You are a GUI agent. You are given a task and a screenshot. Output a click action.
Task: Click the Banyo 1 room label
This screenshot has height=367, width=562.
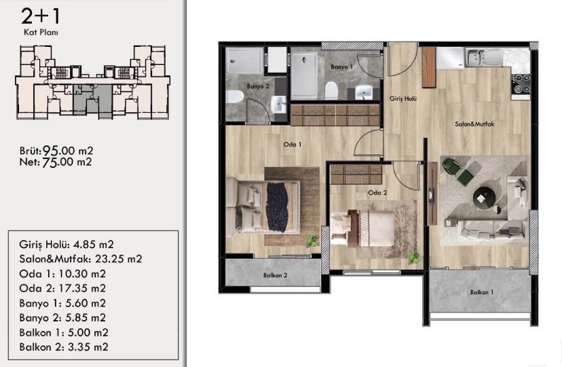341,67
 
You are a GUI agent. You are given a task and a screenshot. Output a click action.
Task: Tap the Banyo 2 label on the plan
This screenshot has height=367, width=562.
258,86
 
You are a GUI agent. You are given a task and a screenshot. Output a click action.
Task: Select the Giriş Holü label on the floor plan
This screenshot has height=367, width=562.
403,99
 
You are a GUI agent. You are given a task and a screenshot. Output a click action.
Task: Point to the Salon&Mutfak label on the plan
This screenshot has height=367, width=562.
474,124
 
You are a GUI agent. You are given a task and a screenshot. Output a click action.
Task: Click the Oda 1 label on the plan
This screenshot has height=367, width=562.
292,144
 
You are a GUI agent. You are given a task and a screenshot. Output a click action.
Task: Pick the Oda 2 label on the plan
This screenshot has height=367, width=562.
377,192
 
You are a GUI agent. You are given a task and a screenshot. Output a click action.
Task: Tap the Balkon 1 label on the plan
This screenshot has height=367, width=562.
482,292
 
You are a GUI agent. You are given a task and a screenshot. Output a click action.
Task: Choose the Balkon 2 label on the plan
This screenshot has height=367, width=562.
276,275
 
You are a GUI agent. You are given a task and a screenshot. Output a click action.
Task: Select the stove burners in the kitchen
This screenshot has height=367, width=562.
521,84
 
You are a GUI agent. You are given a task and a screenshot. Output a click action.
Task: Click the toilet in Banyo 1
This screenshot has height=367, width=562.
331,91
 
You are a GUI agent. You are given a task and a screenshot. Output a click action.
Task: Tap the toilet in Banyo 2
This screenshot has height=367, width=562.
235,97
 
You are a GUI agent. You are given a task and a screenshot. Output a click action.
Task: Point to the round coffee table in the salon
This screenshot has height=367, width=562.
484,197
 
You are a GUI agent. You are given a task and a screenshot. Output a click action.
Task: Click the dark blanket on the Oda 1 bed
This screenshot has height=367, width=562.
277,207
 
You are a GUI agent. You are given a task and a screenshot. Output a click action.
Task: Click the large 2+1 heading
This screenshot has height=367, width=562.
41,16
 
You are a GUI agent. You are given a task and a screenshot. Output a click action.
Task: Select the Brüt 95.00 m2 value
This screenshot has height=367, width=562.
56,151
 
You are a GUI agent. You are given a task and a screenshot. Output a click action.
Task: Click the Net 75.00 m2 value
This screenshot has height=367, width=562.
56,162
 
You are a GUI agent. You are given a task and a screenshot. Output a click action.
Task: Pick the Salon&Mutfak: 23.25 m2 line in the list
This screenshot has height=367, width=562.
81,259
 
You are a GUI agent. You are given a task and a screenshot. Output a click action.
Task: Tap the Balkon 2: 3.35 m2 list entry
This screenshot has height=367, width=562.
64,347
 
